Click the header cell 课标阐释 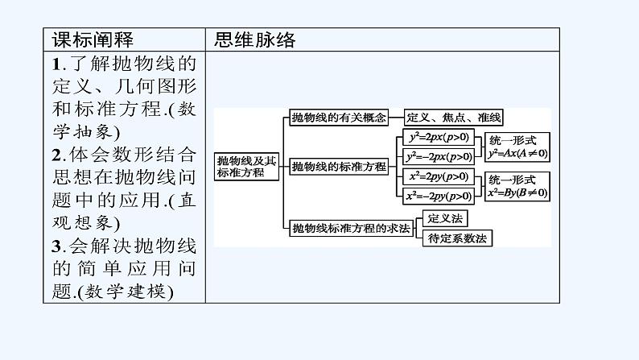tap(93, 39)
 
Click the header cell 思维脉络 tap(256, 39)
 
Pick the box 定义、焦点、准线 tap(454, 118)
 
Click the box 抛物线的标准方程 tap(340, 167)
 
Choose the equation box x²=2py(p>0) tap(438, 176)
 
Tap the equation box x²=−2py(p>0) tap(438, 196)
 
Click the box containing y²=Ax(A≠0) tap(517, 147)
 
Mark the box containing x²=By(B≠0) tap(517, 186)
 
